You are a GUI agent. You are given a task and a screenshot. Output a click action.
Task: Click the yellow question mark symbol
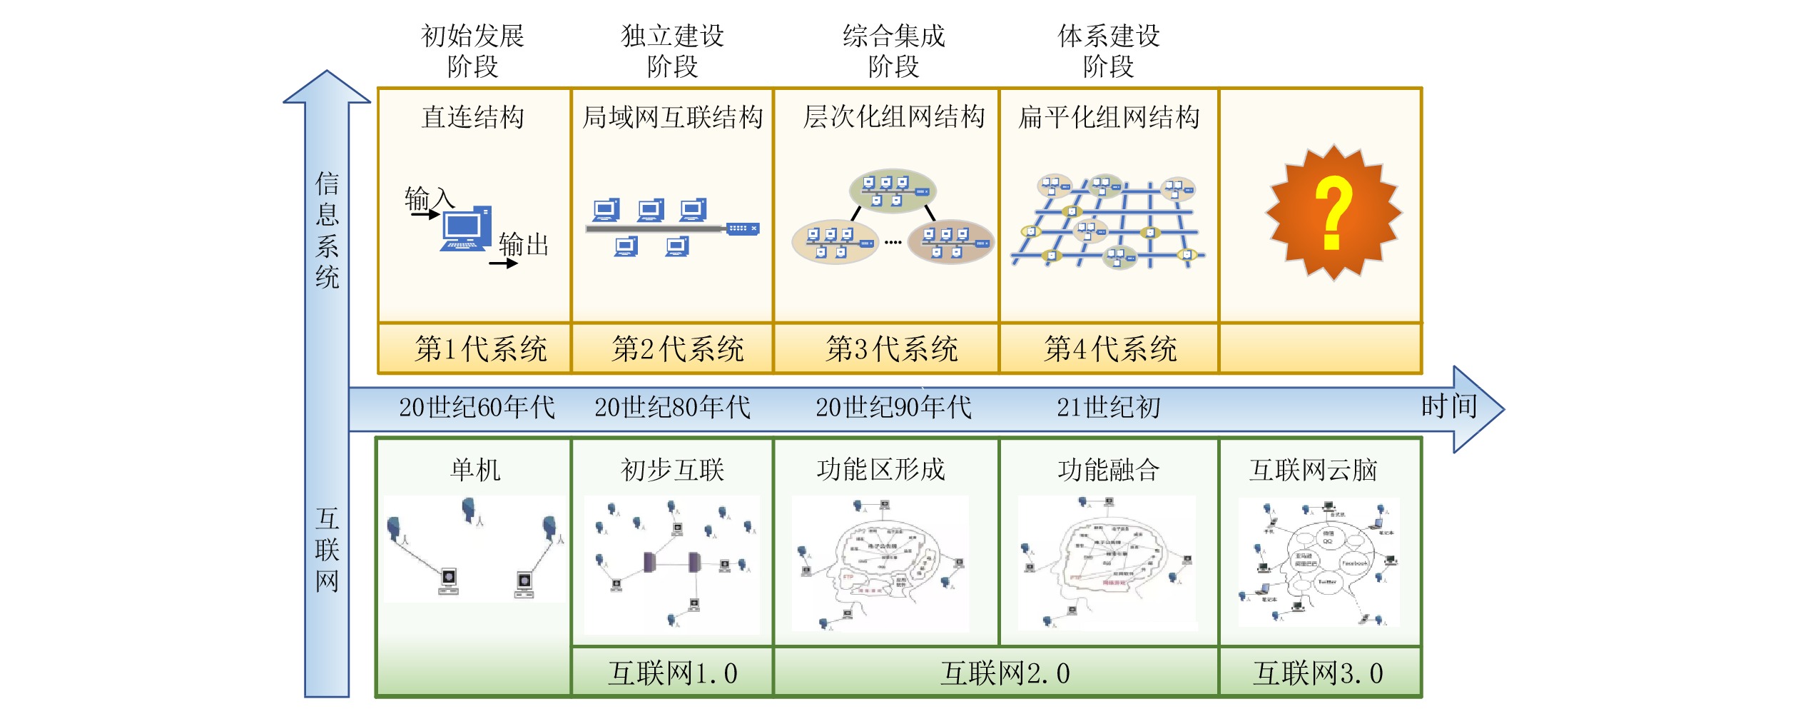(x=1333, y=212)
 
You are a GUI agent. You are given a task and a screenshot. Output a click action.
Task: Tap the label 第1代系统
(x=480, y=349)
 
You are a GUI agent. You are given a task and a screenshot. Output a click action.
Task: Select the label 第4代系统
(x=1110, y=349)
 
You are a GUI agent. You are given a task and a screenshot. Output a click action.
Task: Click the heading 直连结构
(x=472, y=117)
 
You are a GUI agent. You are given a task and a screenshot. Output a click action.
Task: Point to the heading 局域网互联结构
(x=672, y=117)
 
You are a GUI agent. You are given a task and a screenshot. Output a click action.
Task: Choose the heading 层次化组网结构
(x=893, y=117)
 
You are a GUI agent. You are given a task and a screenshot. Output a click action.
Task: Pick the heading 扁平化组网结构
(x=1109, y=117)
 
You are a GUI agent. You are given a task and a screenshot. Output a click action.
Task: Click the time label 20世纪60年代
(x=477, y=408)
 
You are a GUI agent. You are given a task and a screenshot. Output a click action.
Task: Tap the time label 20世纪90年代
(x=893, y=408)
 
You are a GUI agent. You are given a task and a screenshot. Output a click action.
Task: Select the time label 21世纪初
(x=1108, y=408)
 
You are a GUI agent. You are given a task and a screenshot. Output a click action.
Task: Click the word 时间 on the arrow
(x=1448, y=406)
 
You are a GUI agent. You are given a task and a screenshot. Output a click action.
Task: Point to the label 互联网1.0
(x=672, y=673)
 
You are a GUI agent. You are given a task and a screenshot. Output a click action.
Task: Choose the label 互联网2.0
(x=1005, y=673)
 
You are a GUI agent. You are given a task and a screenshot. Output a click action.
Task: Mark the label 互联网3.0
(x=1318, y=673)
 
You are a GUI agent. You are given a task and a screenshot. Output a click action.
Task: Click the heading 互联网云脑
(x=1313, y=470)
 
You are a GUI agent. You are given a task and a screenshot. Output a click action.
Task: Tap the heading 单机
(x=475, y=470)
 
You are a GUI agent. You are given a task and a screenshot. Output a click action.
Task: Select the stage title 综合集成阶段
(x=893, y=51)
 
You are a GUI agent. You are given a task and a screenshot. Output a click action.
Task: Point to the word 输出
(x=524, y=245)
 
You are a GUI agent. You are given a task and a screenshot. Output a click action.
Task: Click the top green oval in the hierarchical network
(x=893, y=191)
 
